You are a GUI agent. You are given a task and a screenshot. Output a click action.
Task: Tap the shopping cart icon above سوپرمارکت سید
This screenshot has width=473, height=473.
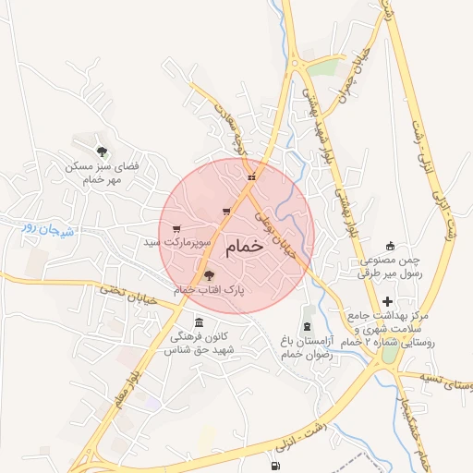pyautogui.click(x=176, y=228)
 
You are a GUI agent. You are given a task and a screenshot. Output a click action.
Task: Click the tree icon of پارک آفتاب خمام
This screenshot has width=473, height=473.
pyautogui.click(x=208, y=275)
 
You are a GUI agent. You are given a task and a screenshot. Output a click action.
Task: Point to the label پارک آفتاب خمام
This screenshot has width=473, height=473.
pyautogui.click(x=209, y=290)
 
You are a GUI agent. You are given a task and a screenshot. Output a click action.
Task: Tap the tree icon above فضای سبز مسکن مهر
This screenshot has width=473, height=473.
pyautogui.click(x=101, y=150)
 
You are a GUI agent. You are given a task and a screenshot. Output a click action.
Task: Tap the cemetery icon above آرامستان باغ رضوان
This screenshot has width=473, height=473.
pyautogui.click(x=307, y=327)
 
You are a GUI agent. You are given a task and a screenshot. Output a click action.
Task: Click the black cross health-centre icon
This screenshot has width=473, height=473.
pyautogui.click(x=387, y=302)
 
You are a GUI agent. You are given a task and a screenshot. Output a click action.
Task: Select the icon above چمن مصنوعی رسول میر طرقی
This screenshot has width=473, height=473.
pyautogui.click(x=390, y=246)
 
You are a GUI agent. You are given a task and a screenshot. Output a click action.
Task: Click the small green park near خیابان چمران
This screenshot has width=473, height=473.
pyautogui.click(x=323, y=67)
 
